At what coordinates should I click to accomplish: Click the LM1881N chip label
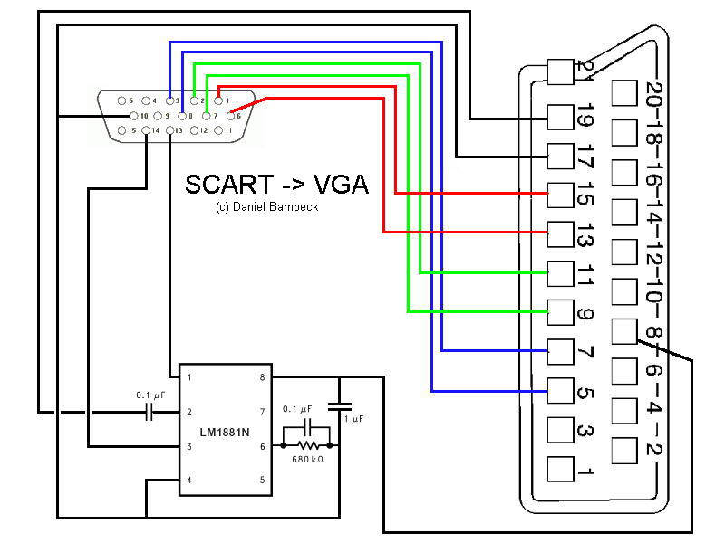coord(225,433)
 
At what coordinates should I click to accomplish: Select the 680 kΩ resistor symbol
coord(308,445)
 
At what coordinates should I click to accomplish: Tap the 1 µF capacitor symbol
coord(339,406)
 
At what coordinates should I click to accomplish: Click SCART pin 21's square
coord(560,71)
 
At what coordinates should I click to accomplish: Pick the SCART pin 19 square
coord(560,118)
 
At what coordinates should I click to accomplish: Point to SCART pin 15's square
coord(560,195)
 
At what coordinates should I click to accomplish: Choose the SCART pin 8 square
coord(624,331)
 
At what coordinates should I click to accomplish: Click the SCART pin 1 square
coord(560,469)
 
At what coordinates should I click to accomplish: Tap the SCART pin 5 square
coord(560,391)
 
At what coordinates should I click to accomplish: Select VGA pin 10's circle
coord(133,116)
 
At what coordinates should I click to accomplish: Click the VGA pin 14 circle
coord(146,130)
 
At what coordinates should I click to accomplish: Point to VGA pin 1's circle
coord(218,100)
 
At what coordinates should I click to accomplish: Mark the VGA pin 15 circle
coord(121,130)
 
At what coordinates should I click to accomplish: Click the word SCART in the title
coord(229,185)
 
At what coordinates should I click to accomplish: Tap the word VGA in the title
coord(341,185)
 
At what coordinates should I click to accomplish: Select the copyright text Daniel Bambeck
coord(275,207)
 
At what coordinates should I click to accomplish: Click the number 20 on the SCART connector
coord(653,95)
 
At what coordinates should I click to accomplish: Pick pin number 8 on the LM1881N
coord(262,377)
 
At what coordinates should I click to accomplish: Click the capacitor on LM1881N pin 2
coord(149,412)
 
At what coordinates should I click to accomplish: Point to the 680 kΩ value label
coord(307,460)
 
